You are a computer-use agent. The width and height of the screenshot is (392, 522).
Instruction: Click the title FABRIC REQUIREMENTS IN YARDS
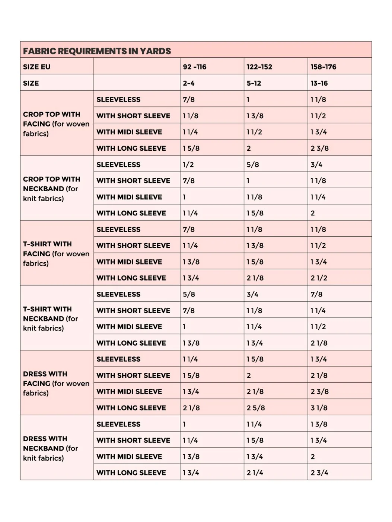coord(97,51)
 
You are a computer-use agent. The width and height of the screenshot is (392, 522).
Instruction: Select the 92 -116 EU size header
coord(194,67)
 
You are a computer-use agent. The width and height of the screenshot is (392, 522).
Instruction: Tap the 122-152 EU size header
coord(259,67)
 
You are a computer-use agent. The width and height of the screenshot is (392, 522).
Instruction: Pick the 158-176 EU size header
coord(323,67)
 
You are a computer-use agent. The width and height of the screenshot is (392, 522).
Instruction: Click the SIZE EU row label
coord(36,67)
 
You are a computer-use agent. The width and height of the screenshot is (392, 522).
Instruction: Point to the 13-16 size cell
coord(319,83)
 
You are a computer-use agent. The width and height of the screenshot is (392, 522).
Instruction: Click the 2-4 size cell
coord(188,83)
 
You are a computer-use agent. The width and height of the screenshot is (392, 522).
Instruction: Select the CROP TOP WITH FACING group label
coord(56,124)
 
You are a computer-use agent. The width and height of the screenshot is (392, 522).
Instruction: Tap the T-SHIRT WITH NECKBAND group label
coord(51,318)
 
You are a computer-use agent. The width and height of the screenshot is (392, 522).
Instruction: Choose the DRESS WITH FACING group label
coord(56,383)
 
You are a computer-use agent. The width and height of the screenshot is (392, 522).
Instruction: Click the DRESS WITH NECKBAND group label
coord(51,448)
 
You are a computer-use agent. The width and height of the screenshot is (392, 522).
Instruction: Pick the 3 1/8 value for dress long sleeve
coord(319,408)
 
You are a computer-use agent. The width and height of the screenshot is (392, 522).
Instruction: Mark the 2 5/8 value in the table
coord(255,408)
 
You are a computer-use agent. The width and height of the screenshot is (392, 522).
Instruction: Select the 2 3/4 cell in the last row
coord(319,473)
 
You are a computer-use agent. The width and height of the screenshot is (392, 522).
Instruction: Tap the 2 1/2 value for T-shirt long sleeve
coord(319,278)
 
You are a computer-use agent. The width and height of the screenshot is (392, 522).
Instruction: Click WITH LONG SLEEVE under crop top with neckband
coord(131,213)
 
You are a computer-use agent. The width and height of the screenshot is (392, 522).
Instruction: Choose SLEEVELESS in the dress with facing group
coord(118,359)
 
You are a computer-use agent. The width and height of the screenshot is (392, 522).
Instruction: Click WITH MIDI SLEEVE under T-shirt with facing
coord(129,262)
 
